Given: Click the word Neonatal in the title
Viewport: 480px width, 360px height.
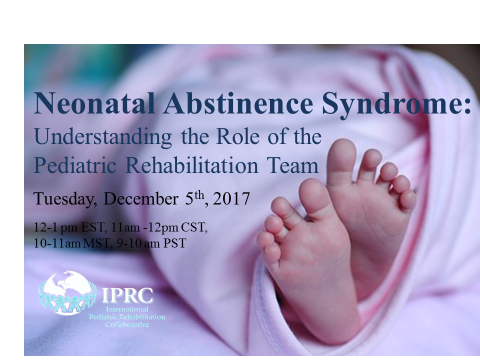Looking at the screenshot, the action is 94,102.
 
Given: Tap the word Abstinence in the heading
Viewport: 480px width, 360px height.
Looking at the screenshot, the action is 238,102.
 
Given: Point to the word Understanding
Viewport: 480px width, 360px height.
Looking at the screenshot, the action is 103,137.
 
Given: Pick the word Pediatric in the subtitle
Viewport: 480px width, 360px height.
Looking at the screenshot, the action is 75,165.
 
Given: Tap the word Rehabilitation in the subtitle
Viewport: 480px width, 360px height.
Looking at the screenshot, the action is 192,165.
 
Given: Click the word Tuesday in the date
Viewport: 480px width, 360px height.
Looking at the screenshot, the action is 64,198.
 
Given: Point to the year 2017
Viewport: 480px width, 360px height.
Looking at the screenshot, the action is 231,198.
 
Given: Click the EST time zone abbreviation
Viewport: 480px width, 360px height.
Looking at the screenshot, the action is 93,227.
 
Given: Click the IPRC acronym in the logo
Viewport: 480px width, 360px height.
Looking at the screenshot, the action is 127,295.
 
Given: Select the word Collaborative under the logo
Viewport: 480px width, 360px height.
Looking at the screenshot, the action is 127,324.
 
